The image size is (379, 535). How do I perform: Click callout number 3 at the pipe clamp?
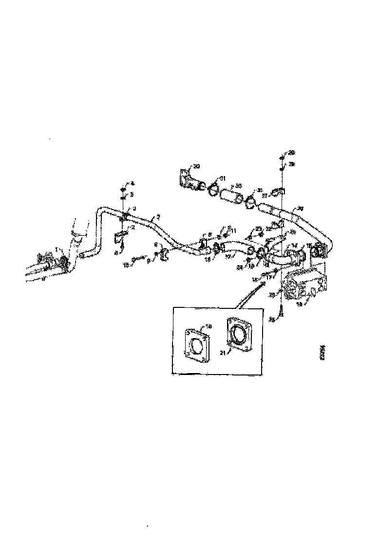click(x=135, y=208)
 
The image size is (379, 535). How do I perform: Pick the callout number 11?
click(x=234, y=230)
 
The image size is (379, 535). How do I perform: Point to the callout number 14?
click(x=295, y=245)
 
